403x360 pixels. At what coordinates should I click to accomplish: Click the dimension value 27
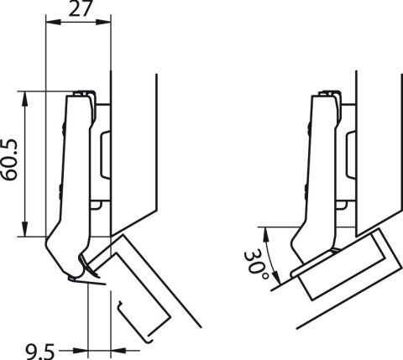[x=80, y=8]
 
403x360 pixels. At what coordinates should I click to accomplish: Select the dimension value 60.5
[x=9, y=160]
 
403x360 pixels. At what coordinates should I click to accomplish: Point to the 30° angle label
[x=256, y=265]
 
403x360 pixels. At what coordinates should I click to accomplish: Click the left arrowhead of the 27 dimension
[x=53, y=22]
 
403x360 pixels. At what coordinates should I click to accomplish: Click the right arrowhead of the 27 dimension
[x=103, y=22]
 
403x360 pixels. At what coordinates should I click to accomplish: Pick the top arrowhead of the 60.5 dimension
[x=25, y=98]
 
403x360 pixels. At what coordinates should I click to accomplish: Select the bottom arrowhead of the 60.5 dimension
[x=25, y=229]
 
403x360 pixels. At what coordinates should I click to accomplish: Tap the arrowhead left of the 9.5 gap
[x=81, y=350]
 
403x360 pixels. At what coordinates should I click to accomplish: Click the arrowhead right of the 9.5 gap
[x=118, y=350]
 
